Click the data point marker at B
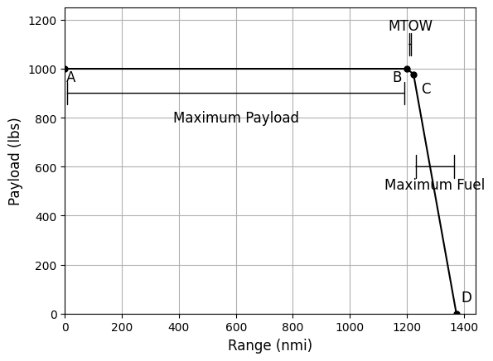407,69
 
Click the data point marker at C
413,75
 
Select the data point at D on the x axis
457,314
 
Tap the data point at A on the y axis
65,69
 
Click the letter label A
71,78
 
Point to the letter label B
397,78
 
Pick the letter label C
426,89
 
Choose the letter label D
466,298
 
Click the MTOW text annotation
410,26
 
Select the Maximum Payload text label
236,118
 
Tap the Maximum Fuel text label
434,185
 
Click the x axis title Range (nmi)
270,346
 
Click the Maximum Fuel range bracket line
435,166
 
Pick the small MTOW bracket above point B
410,45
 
